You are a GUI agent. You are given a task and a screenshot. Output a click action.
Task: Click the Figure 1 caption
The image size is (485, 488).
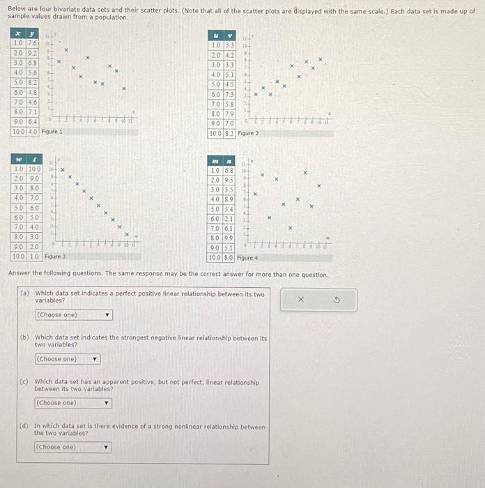[52, 131]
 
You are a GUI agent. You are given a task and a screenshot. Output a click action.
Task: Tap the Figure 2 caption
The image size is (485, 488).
[248, 132]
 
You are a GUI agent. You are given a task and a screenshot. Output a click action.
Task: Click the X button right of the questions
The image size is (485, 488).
[301, 300]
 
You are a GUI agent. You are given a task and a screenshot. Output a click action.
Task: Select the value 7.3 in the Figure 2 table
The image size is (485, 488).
[229, 95]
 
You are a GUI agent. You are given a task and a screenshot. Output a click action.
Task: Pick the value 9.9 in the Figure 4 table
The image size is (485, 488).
[229, 238]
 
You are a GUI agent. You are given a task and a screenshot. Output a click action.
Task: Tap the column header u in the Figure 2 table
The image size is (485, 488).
[217, 36]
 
